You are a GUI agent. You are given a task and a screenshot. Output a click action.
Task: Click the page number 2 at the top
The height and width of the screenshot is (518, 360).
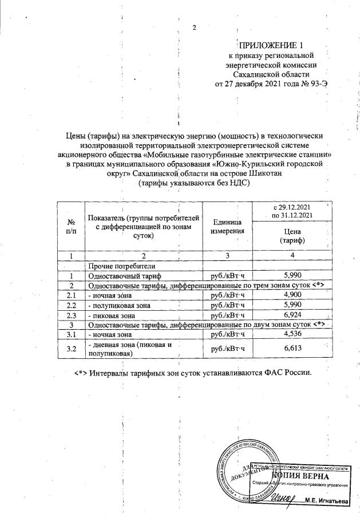(x=194, y=28)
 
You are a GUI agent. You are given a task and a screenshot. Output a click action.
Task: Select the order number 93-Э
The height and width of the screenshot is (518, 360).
(x=316, y=84)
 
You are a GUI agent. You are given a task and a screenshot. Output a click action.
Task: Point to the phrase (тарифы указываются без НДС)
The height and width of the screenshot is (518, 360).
(x=195, y=183)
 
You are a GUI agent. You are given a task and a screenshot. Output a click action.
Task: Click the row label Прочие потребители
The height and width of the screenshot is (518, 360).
(x=118, y=266)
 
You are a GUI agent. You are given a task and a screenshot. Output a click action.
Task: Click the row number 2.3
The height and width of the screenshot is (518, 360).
(x=72, y=315)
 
